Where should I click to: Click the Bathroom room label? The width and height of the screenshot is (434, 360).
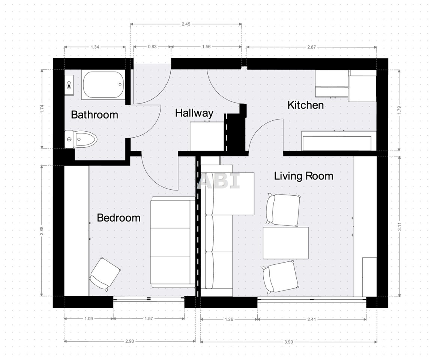pyautogui.click(x=95, y=114)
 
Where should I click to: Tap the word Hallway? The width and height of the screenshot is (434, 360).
pyautogui.click(x=194, y=113)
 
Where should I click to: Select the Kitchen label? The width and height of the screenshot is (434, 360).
pyautogui.click(x=305, y=105)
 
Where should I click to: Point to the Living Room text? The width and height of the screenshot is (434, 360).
pyautogui.click(x=303, y=176)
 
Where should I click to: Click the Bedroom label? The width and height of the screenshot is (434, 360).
pyautogui.click(x=119, y=218)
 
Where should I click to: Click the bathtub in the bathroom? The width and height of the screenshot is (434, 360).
pyautogui.click(x=103, y=85)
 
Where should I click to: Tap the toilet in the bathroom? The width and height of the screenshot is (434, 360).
pyautogui.click(x=81, y=139)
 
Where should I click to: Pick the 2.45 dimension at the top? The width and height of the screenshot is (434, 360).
pyautogui.click(x=186, y=24)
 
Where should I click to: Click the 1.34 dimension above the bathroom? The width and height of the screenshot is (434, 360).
pyautogui.click(x=95, y=47)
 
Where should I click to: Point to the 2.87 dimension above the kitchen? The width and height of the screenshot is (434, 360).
pyautogui.click(x=311, y=47)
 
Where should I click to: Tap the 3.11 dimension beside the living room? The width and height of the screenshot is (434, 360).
pyautogui.click(x=399, y=226)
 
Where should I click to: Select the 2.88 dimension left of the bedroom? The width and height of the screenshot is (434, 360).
pyautogui.click(x=42, y=231)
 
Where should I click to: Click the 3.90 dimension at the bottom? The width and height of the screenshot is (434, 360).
pyautogui.click(x=288, y=342)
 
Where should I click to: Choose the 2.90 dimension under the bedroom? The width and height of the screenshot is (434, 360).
pyautogui.click(x=129, y=341)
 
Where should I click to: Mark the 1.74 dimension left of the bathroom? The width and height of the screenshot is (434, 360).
pyautogui.click(x=42, y=109)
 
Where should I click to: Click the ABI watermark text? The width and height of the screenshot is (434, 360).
pyautogui.click(x=219, y=181)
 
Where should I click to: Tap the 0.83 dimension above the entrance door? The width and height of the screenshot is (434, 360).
pyautogui.click(x=152, y=46)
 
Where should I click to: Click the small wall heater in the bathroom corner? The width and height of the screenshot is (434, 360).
pyautogui.click(x=69, y=85)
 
